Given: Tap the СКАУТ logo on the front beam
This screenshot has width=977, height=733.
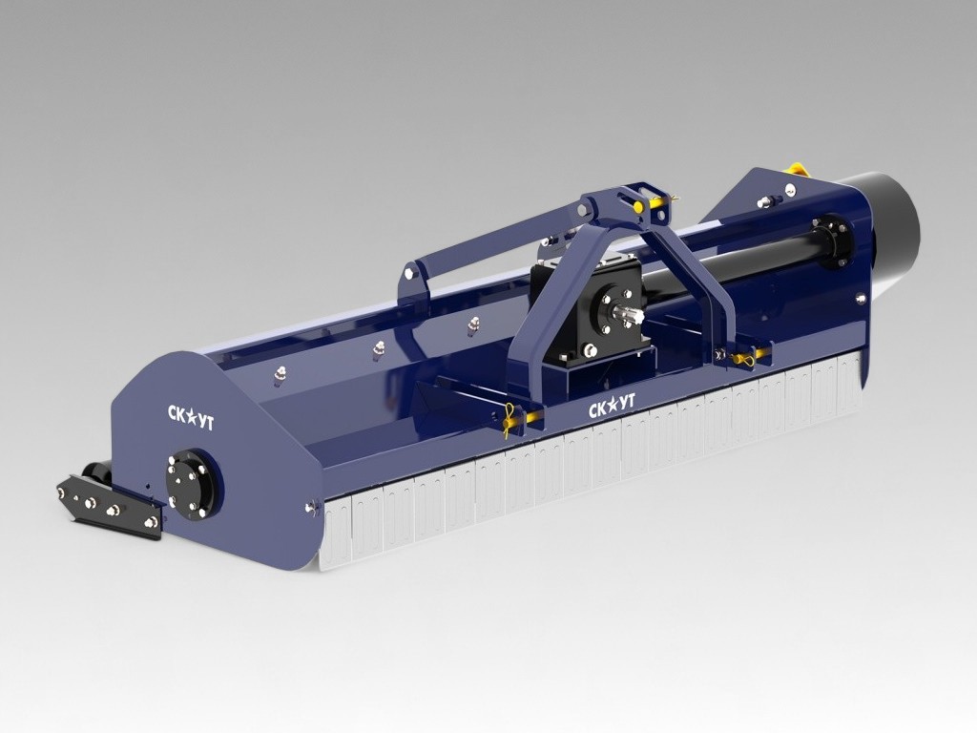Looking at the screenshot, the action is click(x=612, y=405).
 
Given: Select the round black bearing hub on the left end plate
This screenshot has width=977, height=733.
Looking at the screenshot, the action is click(x=190, y=482).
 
